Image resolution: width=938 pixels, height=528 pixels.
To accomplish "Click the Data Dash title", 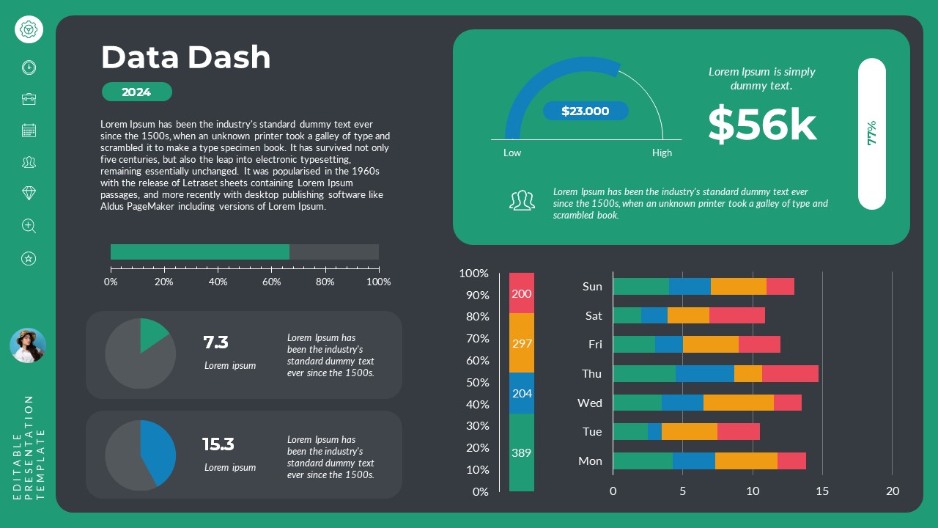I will [x=185, y=57].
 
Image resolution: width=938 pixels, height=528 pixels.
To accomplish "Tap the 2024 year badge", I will [x=136, y=92].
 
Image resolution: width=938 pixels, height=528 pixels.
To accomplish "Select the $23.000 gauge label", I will [x=586, y=111].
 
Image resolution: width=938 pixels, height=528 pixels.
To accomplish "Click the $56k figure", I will [x=761, y=124].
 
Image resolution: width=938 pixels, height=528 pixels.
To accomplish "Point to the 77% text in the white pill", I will [x=871, y=133].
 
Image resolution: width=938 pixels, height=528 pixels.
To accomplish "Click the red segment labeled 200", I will [x=521, y=293].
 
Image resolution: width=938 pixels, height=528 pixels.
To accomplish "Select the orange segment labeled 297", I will [x=521, y=343].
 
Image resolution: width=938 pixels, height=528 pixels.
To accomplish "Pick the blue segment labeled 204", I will [x=521, y=393].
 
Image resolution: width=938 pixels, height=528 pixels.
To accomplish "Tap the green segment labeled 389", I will [x=521, y=452].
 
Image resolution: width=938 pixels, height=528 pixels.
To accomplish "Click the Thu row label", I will [x=591, y=373].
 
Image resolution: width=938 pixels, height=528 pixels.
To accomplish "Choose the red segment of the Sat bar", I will [x=736, y=315].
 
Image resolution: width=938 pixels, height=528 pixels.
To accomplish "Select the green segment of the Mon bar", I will [x=642, y=461].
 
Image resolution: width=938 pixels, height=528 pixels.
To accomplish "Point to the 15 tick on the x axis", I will [x=822, y=491].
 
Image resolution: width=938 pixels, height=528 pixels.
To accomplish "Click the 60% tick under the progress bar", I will [x=271, y=282].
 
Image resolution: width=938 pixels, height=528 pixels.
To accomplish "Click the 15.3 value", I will [x=218, y=444].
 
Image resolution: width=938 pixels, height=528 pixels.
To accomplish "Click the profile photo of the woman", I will [x=28, y=345].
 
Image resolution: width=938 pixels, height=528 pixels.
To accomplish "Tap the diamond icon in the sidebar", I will [x=29, y=193].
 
